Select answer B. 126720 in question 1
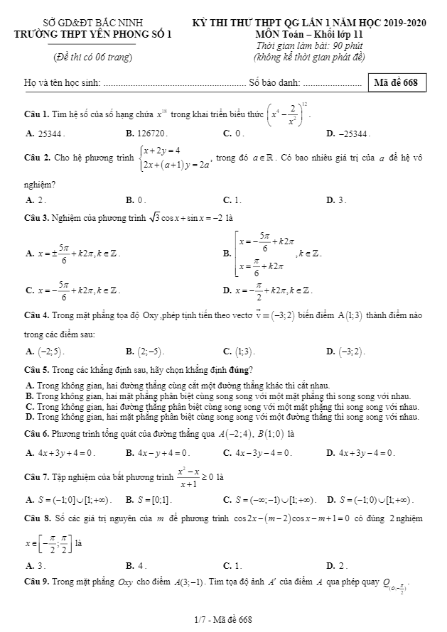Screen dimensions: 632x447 coord(146,133)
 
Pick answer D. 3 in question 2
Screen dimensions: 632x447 coord(336,200)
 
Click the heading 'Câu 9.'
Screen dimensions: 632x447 coord(36,582)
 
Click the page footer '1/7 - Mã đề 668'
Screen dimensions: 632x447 coord(223,620)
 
